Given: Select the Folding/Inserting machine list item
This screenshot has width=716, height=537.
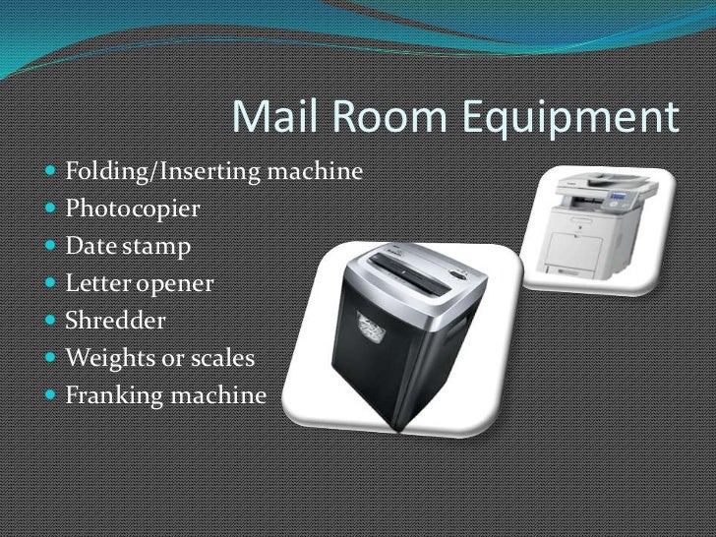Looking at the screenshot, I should (x=213, y=173).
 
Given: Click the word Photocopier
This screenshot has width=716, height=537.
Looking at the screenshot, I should (x=133, y=210).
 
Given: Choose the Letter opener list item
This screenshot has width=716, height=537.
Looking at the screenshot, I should (x=139, y=284).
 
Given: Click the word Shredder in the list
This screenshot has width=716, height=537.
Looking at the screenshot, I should (x=116, y=321).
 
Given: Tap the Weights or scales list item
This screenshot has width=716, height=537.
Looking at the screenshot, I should (x=159, y=358).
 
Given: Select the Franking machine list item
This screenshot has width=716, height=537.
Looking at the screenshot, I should (x=165, y=395).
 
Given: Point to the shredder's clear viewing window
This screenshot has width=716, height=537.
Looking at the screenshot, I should (x=366, y=326).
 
